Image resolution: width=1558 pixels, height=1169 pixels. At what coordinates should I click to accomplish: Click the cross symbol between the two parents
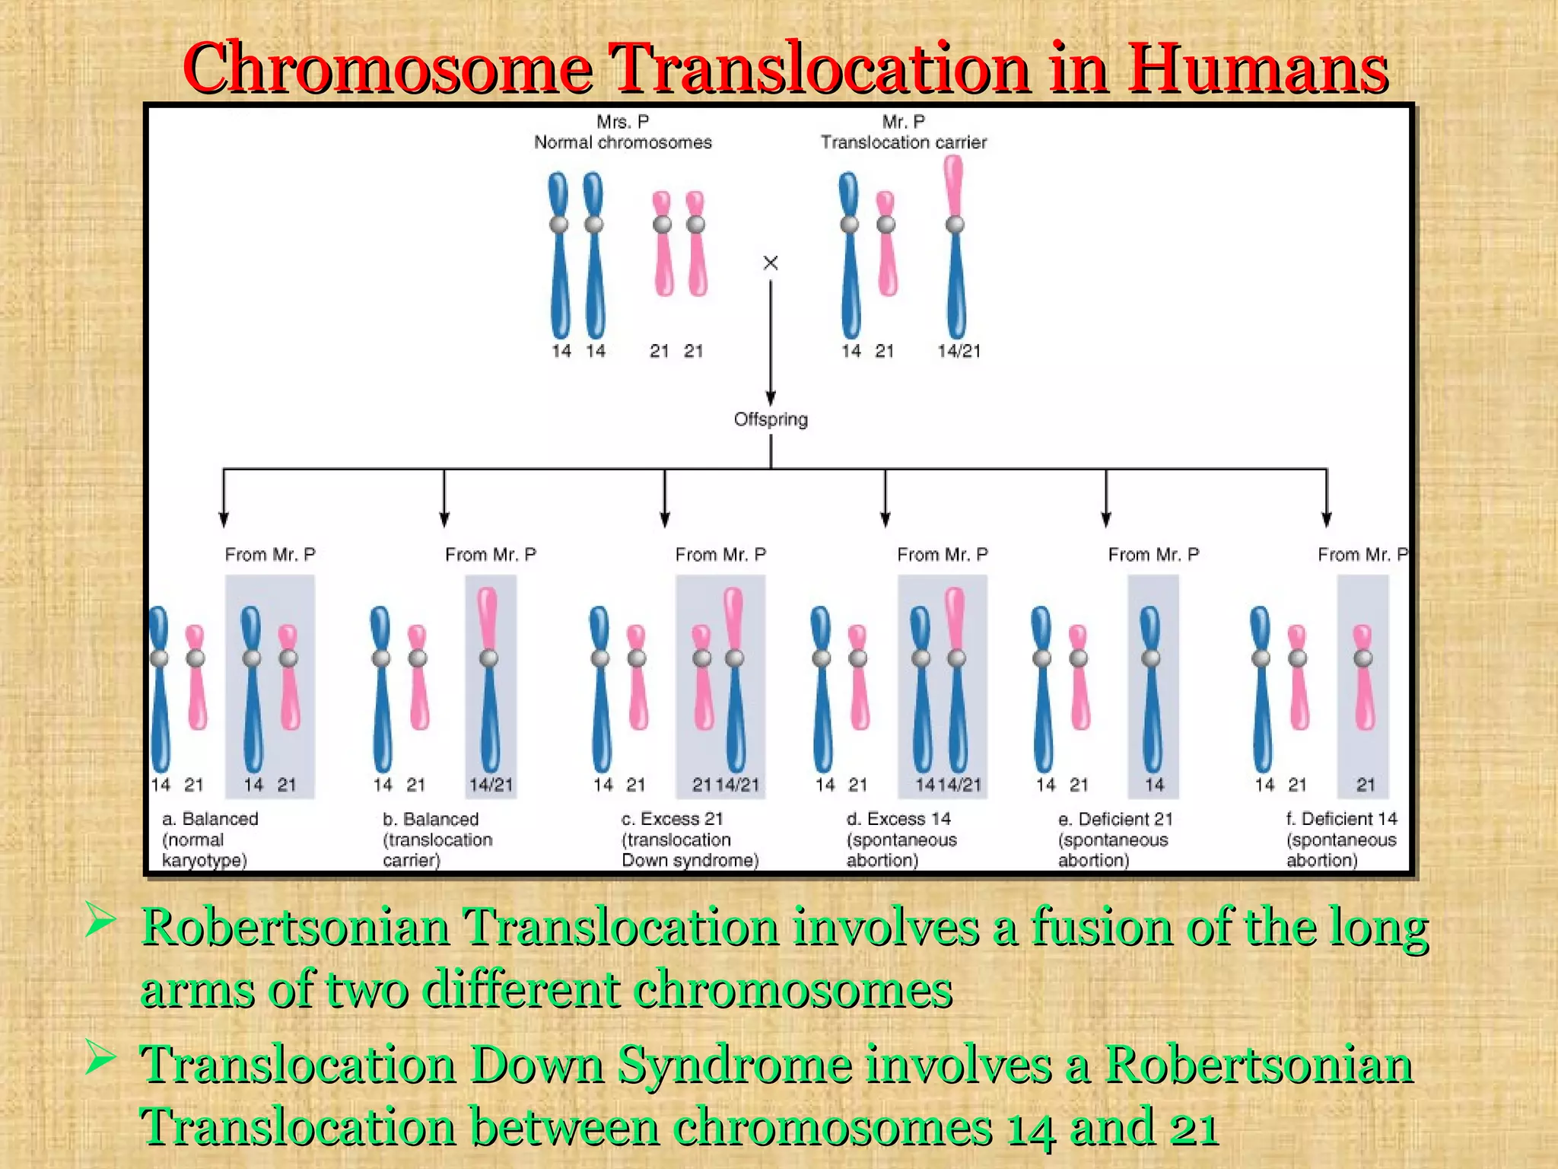point(770,263)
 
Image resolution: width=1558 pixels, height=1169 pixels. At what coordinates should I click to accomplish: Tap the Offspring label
point(771,419)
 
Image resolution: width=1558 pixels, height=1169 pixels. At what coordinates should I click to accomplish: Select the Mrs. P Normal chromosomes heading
point(622,132)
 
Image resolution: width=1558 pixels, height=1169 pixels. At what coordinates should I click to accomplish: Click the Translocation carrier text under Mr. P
point(903,142)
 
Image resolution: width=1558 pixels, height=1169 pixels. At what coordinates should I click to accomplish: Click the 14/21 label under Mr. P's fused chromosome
point(959,351)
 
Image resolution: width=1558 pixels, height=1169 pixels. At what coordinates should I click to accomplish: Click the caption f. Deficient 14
point(1341,839)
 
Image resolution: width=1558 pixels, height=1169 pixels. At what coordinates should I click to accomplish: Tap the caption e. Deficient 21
point(1115,839)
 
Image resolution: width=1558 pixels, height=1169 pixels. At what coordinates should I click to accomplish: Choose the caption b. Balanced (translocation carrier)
point(437,839)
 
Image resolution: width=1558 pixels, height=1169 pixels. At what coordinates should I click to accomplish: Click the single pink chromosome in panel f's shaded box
point(1363,677)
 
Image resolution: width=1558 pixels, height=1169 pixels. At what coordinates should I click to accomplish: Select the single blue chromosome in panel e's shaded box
point(1152,689)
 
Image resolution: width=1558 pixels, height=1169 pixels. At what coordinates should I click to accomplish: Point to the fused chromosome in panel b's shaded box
point(489,677)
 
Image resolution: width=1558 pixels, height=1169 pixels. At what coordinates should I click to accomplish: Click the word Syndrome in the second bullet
point(734,1065)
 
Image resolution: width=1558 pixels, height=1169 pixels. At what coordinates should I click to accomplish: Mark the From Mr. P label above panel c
point(720,555)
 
